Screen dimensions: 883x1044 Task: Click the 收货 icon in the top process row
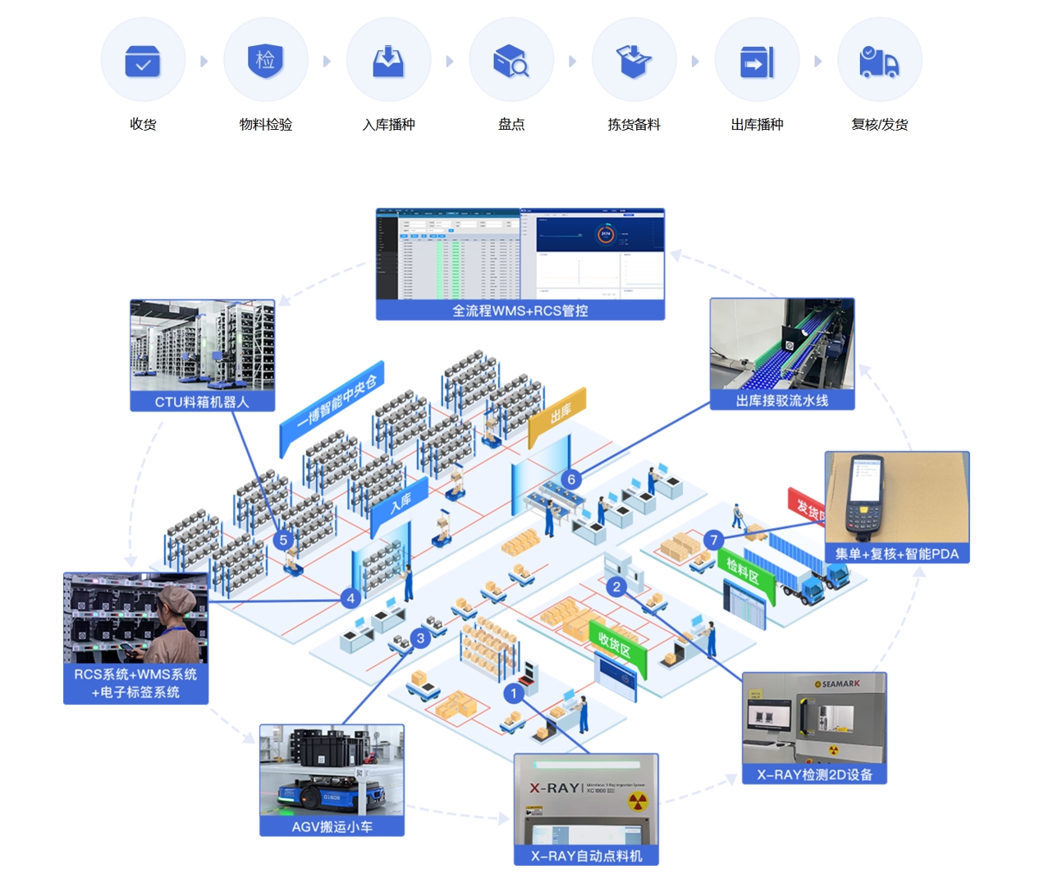click(x=143, y=62)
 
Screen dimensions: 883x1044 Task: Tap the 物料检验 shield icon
click(x=265, y=61)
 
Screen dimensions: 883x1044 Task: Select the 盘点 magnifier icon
click(x=511, y=62)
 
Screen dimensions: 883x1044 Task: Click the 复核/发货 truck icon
click(x=879, y=62)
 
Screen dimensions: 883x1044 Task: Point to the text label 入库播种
click(x=388, y=125)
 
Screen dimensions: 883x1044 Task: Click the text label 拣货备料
click(x=634, y=125)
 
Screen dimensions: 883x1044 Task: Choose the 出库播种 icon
click(x=757, y=62)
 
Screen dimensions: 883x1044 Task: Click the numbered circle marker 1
click(x=514, y=693)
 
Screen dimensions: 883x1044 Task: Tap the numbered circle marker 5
click(x=283, y=540)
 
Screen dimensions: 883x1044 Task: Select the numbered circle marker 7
click(x=714, y=540)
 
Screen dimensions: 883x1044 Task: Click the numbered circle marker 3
click(x=420, y=637)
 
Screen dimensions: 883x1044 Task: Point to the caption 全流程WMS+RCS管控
click(x=520, y=310)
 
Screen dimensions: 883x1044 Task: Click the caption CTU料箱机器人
click(x=202, y=402)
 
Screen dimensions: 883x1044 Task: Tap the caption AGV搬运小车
click(x=332, y=826)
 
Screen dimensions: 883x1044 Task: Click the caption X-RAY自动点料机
click(x=586, y=856)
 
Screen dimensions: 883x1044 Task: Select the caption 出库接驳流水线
click(x=781, y=401)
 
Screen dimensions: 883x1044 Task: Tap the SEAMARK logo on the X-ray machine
click(x=838, y=683)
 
